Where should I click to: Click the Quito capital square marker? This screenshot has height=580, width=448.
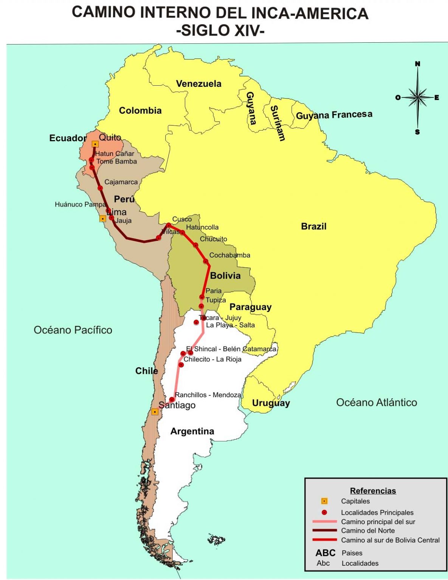point(95,144)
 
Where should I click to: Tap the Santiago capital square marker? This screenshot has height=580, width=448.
point(155,412)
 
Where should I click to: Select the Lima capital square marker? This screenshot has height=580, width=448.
point(102,219)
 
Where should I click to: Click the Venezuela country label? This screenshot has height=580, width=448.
point(198,84)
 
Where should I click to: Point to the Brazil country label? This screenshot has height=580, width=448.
point(313,227)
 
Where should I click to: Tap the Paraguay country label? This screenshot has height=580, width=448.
point(250,307)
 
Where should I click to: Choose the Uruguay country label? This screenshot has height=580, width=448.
point(271,403)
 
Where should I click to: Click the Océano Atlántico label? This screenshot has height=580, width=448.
point(376,403)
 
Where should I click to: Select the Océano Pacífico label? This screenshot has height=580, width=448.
point(73,330)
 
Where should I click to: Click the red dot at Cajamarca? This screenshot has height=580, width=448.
point(100,188)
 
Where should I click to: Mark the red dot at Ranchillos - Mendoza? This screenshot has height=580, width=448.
point(172,400)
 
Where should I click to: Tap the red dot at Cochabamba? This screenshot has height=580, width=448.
point(206,261)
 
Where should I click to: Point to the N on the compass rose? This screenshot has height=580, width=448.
point(417,64)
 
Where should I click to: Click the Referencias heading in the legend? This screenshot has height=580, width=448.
point(373,491)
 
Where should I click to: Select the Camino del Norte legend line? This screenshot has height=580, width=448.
point(324,531)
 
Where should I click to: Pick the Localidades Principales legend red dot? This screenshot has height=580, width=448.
point(324,512)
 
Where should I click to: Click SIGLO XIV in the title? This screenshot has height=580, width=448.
point(220,30)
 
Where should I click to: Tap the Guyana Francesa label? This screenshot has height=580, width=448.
point(334,115)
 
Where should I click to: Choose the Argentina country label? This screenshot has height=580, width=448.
point(192,431)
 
